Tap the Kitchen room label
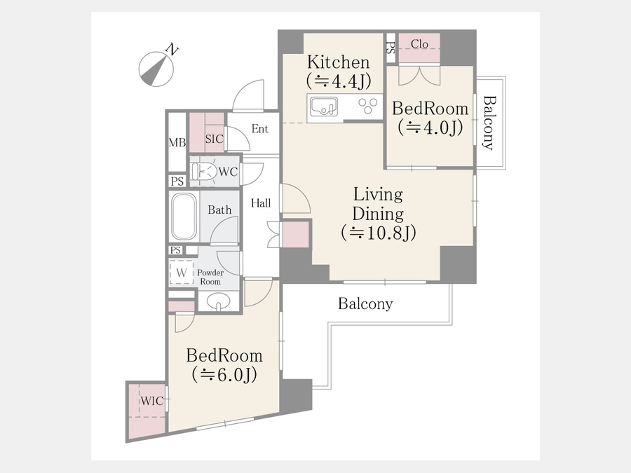[x=339, y=71]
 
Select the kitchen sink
[x=324, y=107]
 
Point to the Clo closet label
[x=419, y=44]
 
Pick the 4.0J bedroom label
[x=430, y=118]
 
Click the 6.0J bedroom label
[x=224, y=365]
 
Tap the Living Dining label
[x=378, y=214]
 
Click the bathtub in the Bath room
[x=184, y=217]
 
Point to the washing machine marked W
[x=181, y=273]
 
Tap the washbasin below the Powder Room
[x=219, y=301]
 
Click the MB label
[x=177, y=142]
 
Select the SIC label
[x=214, y=139]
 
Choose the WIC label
[x=152, y=401]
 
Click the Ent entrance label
[x=259, y=129]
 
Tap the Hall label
[x=261, y=203]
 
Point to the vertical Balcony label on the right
[x=489, y=123]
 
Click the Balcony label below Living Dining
[x=365, y=303]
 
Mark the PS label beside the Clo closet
[x=391, y=48]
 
